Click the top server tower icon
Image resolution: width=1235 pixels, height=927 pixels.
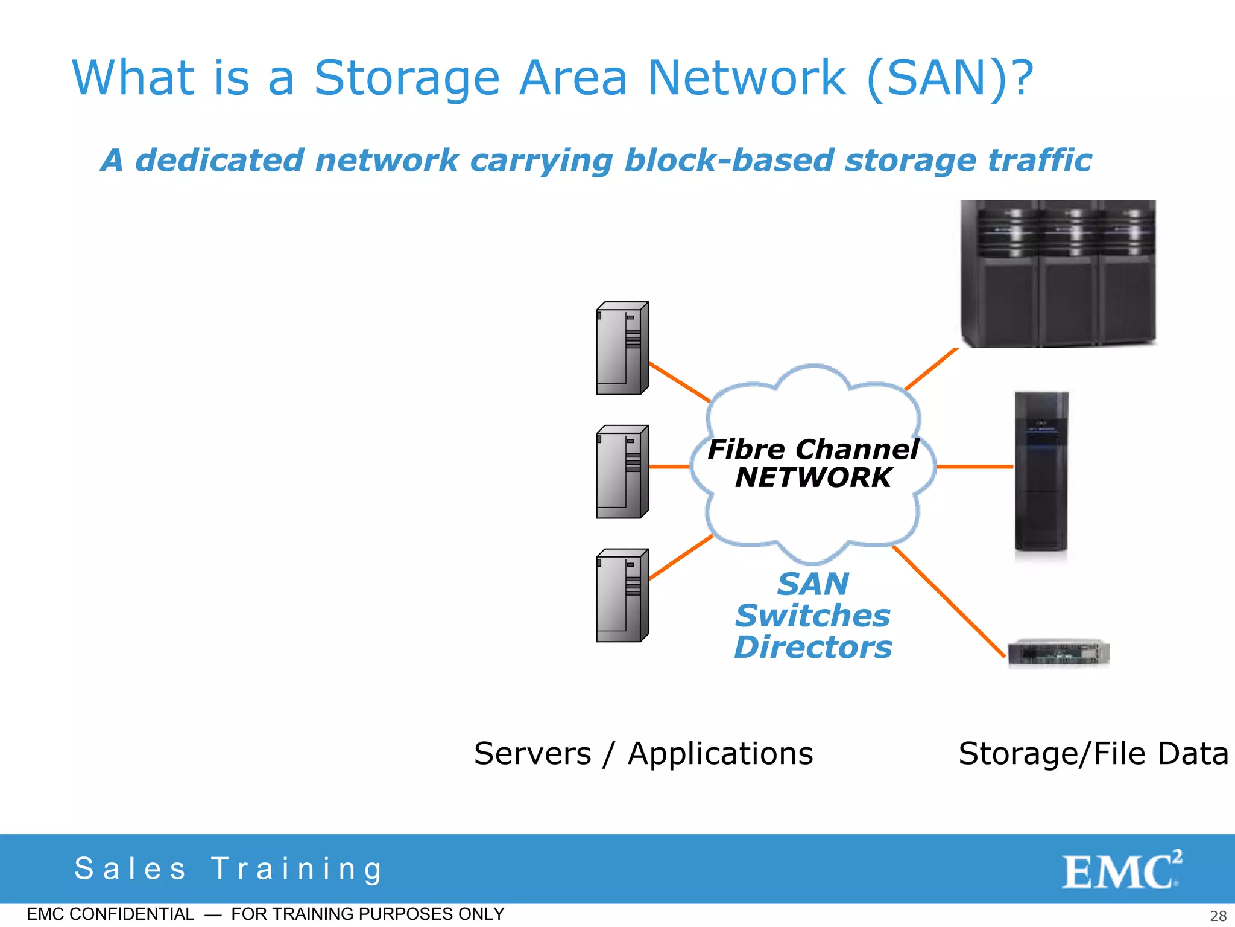point(622,348)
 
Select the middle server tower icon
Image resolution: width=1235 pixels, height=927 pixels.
point(622,472)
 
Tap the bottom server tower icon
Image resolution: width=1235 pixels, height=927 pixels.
point(622,596)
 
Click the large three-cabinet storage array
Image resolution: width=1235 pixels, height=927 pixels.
point(1058,273)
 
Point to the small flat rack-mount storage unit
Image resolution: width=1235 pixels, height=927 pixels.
point(1058,653)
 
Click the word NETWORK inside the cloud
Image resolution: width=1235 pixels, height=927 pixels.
point(813,478)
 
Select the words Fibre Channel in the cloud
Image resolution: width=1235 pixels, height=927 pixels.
point(813,450)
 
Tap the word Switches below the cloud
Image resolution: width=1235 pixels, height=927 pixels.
point(813,616)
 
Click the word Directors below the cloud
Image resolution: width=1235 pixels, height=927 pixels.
point(813,648)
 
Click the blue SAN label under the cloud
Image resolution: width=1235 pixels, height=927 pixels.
point(813,584)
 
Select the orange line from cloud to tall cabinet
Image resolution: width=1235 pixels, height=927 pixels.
point(974,467)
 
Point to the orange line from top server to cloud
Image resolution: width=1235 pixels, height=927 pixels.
point(679,382)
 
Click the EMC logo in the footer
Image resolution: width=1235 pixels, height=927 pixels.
point(1121,870)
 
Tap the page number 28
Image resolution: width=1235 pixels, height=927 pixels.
point(1218,916)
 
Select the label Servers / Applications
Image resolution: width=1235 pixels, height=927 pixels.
point(643,754)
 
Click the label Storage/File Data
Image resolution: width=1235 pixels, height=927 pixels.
point(1093,754)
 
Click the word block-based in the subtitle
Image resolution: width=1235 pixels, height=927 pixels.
point(729,161)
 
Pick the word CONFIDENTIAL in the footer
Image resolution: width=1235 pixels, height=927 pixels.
point(132,914)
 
